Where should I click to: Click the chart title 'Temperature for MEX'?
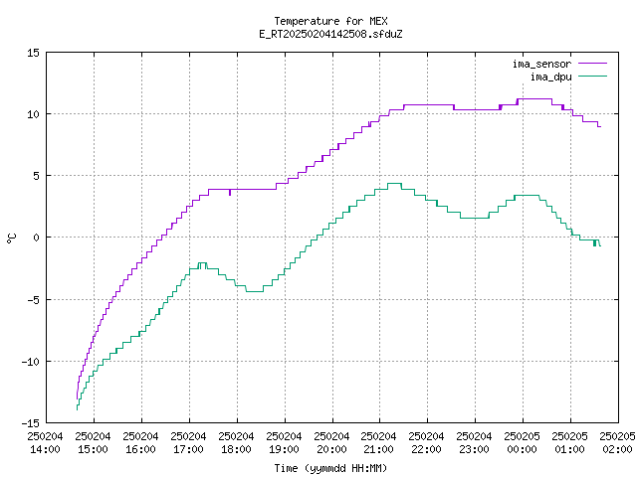[x=330, y=21]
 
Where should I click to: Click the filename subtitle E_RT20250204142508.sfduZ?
[x=330, y=34]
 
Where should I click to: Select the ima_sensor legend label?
[x=541, y=64]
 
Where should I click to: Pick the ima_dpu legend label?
[x=550, y=77]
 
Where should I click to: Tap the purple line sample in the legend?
[x=592, y=64]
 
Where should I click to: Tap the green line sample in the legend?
[x=592, y=77]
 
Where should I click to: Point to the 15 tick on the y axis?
[x=33, y=53]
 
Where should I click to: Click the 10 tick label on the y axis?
[x=33, y=114]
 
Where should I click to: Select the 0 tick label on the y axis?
[x=37, y=238]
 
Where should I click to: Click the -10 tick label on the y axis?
[x=31, y=362]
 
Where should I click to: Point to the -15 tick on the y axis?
[x=31, y=423]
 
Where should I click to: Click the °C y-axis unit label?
[x=11, y=238]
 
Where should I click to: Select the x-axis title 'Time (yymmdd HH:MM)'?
[x=330, y=468]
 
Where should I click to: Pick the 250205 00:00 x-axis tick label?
[x=522, y=443]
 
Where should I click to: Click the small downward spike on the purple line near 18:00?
[x=230, y=193]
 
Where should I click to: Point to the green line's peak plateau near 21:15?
[x=394, y=183]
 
